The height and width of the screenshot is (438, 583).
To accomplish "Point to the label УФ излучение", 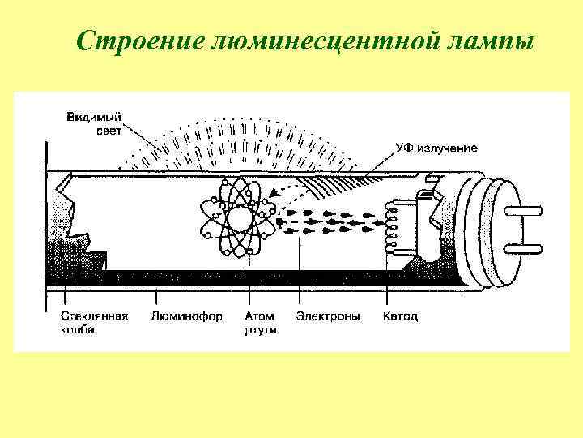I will coord(436,148).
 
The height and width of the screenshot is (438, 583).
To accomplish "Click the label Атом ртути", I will coord(260,322).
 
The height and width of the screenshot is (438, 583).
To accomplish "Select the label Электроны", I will coord(329,316).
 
